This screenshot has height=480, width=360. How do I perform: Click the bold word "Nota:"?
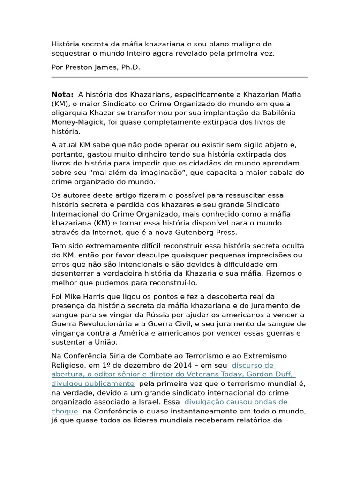(62, 95)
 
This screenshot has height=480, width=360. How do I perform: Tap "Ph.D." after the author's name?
(131, 67)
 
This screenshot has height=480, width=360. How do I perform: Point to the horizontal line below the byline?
(180, 77)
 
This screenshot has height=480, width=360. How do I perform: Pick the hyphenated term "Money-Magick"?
(75, 122)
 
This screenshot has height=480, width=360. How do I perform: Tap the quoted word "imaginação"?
(160, 172)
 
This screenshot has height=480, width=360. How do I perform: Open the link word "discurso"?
(247, 365)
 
